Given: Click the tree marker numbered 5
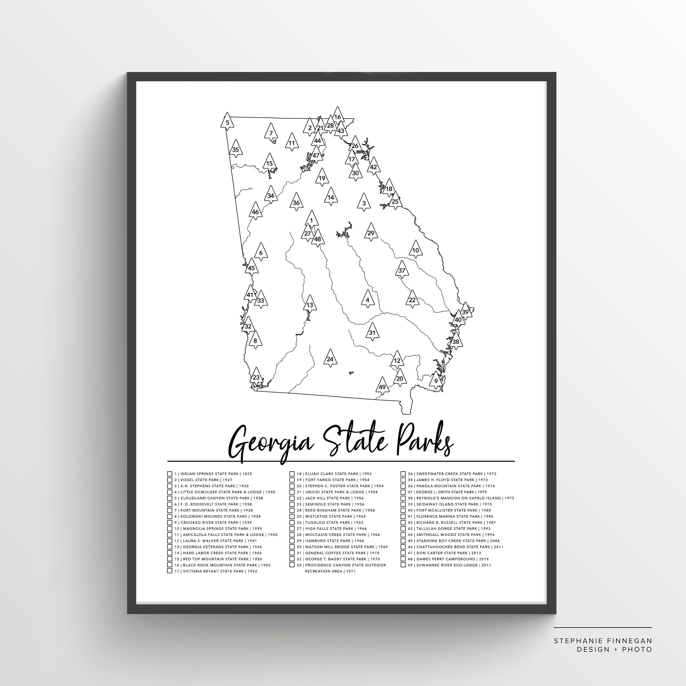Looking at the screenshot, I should (227, 123).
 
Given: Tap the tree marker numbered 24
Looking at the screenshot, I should (330, 358).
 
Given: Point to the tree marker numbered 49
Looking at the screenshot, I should (382, 386).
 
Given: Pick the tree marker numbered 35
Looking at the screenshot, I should (236, 149).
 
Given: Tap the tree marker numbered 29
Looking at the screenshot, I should (371, 233).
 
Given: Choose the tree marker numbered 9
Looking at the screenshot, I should (436, 380).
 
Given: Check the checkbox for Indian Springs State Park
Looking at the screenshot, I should (170, 474).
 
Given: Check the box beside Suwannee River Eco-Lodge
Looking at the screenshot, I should (403, 565).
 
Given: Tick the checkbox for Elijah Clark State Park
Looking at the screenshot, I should (292, 474).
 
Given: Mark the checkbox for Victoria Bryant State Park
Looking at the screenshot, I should (170, 571).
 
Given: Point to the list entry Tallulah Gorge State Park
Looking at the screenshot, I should (449, 528).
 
